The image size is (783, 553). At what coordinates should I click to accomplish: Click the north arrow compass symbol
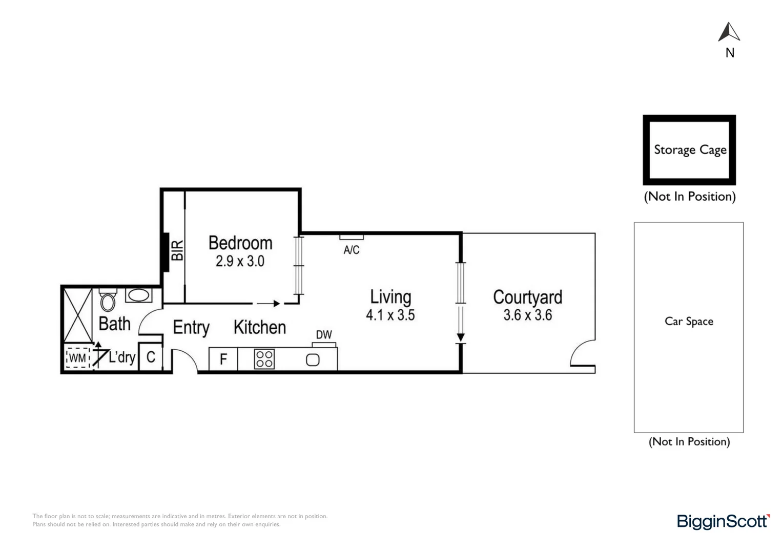coord(729,32)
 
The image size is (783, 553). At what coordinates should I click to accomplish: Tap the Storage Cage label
coord(690,150)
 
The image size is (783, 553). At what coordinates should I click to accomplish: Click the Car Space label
coord(689,322)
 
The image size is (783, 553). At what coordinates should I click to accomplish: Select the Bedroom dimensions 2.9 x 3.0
coord(240,261)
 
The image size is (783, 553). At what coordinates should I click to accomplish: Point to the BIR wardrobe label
coord(177,250)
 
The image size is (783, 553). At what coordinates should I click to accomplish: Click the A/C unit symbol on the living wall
coord(352,237)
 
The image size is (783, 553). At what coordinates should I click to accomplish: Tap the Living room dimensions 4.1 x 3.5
coord(390,315)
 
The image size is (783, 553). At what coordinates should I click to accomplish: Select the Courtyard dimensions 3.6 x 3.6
coord(527,315)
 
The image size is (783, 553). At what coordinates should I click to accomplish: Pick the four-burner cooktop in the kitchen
coord(264,359)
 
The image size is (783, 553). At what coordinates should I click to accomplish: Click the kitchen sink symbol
coord(313,360)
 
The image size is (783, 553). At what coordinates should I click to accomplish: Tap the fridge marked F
coord(223,359)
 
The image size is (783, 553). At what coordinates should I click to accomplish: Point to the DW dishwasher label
coord(324,335)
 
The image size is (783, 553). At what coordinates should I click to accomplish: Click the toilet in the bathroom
coord(108,302)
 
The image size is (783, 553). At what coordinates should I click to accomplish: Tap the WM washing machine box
coord(77,358)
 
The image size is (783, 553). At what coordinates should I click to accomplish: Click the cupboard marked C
coord(151,357)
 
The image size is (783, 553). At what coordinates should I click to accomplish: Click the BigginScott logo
coord(723,521)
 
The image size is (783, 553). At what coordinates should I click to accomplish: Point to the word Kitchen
coord(260,327)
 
